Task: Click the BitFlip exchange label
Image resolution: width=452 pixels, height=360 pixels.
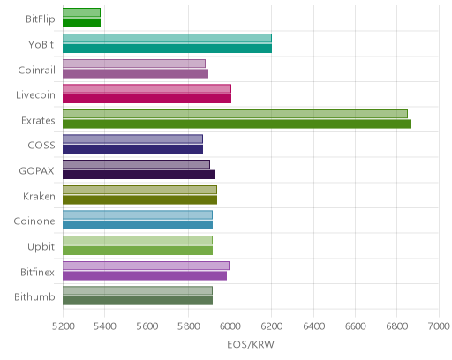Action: click(x=41, y=19)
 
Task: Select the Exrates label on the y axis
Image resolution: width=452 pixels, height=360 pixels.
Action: click(x=38, y=121)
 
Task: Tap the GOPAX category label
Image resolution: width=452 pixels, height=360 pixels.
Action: click(x=36, y=171)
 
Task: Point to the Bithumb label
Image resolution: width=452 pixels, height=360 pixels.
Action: click(x=34, y=297)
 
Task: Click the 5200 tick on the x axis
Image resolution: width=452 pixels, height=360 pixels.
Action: click(x=63, y=326)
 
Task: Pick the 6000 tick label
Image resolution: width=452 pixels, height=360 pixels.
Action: click(x=230, y=326)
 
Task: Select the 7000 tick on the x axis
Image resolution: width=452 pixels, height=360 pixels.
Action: click(x=439, y=326)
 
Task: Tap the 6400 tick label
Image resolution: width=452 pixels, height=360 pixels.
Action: click(x=313, y=326)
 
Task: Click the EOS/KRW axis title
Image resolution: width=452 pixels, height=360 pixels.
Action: click(x=251, y=344)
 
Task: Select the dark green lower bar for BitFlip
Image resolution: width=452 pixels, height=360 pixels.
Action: click(x=81, y=23)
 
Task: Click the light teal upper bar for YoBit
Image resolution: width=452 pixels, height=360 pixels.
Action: click(x=167, y=38)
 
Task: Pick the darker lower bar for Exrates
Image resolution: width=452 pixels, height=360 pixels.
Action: click(x=237, y=124)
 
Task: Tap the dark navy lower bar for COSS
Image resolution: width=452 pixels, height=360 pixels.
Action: click(x=132, y=149)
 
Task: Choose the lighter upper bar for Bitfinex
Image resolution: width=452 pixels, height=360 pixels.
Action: click(x=146, y=266)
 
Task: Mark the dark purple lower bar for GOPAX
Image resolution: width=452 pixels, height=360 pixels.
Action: click(x=139, y=175)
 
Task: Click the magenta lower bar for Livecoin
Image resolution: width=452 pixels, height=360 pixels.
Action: click(x=147, y=99)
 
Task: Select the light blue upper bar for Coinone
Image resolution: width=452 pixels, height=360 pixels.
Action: click(x=138, y=215)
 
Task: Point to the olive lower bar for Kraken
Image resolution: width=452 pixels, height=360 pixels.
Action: click(x=139, y=199)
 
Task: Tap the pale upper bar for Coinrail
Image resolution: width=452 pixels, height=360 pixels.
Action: click(x=134, y=64)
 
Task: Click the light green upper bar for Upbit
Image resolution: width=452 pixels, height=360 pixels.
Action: click(x=138, y=240)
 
